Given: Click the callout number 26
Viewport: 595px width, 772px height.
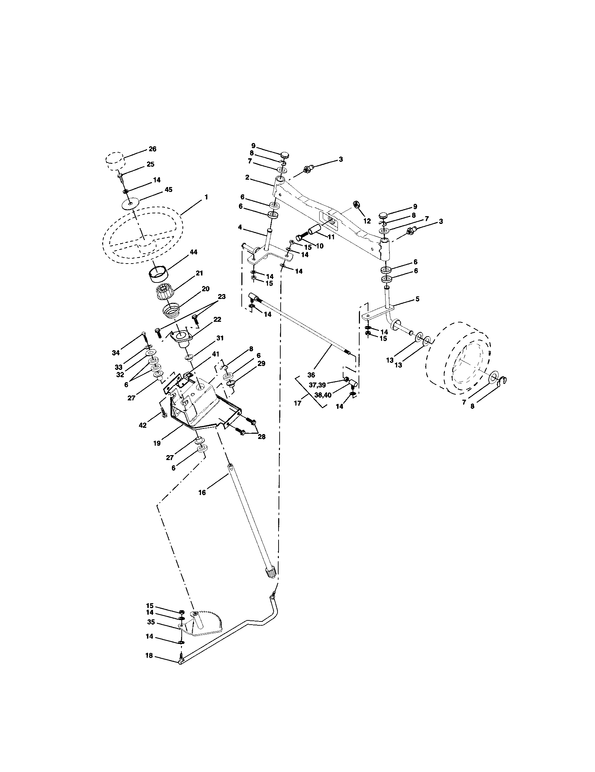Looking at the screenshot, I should tap(152, 149).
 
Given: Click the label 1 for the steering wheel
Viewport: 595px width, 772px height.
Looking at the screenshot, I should tap(206, 197).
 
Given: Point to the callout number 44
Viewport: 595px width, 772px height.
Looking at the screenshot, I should tap(193, 252).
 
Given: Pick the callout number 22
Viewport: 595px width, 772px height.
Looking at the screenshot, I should tap(217, 319).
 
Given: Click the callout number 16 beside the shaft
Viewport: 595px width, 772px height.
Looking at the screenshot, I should tap(202, 492).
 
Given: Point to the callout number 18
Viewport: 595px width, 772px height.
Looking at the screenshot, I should tap(149, 656).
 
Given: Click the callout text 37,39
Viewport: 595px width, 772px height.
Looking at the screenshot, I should tap(317, 385).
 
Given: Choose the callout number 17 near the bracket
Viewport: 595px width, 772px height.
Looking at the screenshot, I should tap(297, 403).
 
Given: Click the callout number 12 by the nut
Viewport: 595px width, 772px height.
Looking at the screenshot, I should tap(367, 221).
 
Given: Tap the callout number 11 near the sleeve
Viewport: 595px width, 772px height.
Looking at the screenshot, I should tap(331, 237).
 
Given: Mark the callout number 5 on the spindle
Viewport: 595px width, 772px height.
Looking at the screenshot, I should tap(417, 299).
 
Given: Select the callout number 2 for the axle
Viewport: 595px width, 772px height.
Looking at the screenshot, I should tap(247, 178).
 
